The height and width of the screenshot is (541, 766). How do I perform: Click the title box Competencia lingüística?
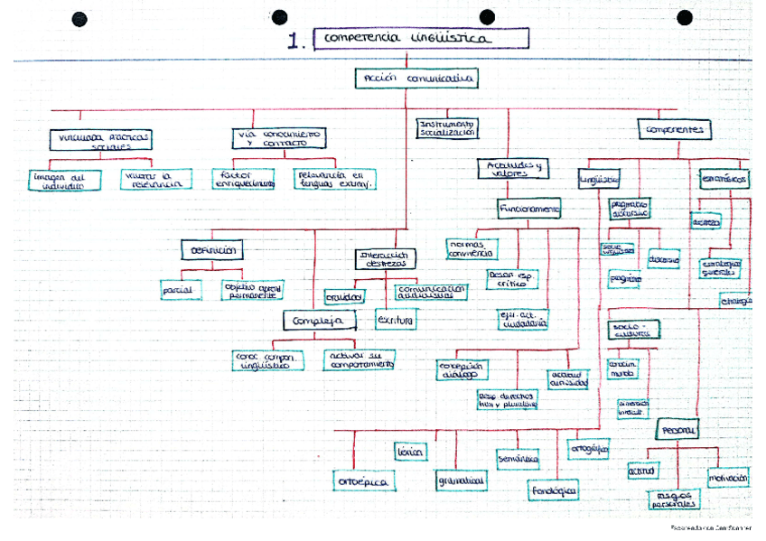tap(420, 39)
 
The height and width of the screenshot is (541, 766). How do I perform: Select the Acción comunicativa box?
tap(416, 79)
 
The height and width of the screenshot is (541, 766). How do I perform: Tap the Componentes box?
tap(674, 130)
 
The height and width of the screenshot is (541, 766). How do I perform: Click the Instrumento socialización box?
tap(446, 127)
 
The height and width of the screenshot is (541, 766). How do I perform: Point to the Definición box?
tap(213, 249)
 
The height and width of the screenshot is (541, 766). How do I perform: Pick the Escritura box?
tap(395, 319)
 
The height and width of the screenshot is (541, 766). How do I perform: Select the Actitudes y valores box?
tap(510, 169)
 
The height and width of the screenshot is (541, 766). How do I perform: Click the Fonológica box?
tap(554, 490)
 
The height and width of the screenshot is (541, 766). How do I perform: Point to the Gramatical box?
tap(461, 480)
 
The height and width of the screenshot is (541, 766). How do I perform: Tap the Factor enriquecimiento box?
tap(243, 179)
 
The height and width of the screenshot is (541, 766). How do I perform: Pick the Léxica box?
tap(409, 451)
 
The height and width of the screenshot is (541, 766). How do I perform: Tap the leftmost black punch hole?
tap(79, 18)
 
